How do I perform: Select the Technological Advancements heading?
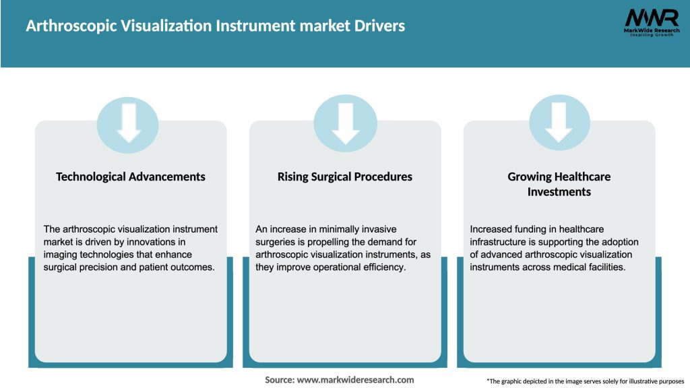point(131,176)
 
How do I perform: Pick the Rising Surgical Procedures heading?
point(345,176)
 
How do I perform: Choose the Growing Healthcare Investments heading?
point(559,184)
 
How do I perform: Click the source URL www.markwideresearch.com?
point(356,380)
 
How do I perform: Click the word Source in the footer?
point(280,380)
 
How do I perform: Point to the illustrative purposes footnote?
point(585,381)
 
